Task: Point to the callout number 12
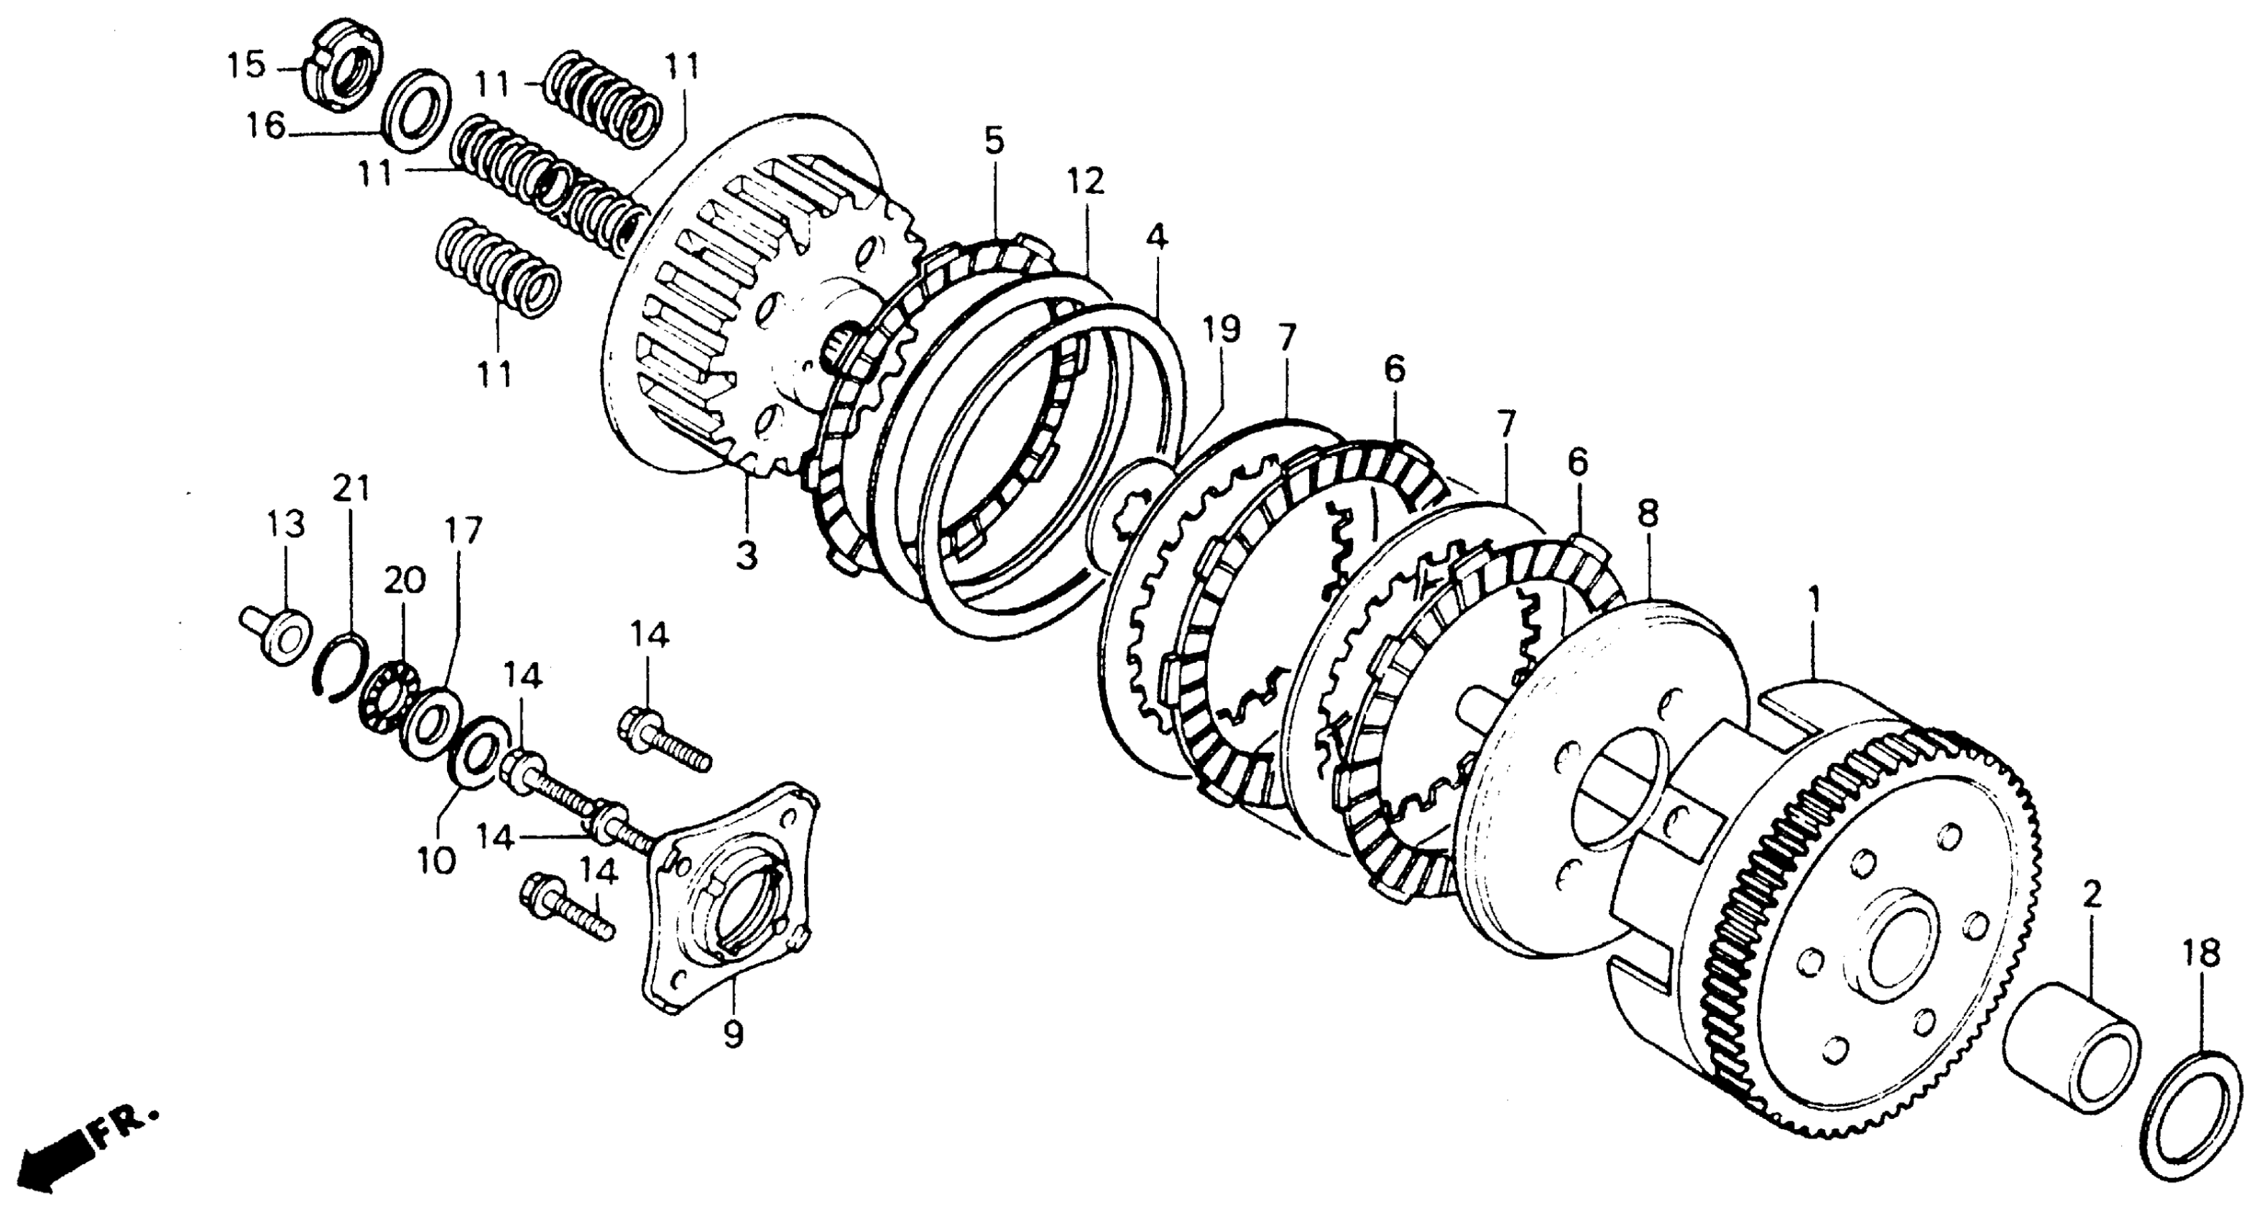(x=1085, y=182)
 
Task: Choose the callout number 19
(x=1222, y=330)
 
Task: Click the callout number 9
(x=733, y=1036)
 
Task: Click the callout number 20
(x=405, y=580)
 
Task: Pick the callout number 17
(x=463, y=530)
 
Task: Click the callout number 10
(x=436, y=860)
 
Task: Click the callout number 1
(x=1814, y=600)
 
